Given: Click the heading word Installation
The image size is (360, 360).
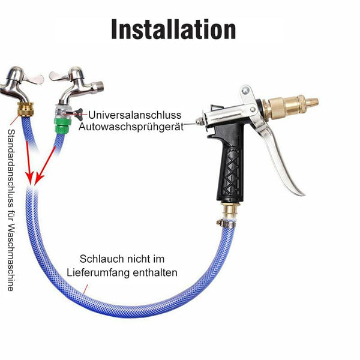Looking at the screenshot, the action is click(173, 29).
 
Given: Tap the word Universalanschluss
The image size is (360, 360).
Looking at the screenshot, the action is click(135, 115).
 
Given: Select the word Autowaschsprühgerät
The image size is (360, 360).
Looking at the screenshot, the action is click(131, 127).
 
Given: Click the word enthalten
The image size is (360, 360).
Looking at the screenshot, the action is click(155, 273).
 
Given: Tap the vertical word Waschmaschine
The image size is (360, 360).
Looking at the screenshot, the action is click(11, 257).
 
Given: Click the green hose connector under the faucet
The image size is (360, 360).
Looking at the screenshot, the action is click(61, 125).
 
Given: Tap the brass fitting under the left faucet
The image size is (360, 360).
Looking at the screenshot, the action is click(26, 109).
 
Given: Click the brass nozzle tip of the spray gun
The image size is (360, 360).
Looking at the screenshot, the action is click(311, 101).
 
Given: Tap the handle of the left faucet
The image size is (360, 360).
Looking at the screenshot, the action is click(34, 78).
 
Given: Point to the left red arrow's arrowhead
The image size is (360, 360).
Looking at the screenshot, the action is click(30, 178).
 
